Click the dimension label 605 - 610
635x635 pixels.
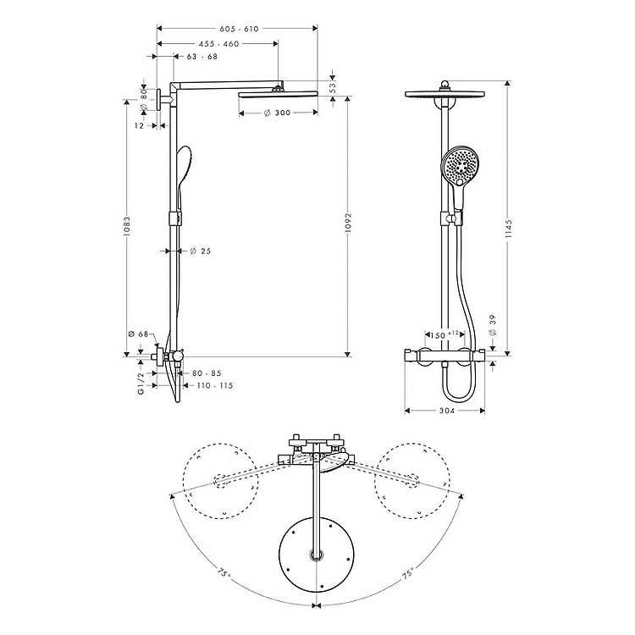(x=239, y=29)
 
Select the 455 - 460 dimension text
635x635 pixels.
(x=219, y=44)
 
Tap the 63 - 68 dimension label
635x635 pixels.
(x=202, y=56)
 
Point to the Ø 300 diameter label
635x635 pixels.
(x=277, y=113)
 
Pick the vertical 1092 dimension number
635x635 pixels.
(x=348, y=223)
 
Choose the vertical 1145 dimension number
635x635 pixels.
(x=509, y=229)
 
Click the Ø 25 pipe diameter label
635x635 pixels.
(x=201, y=251)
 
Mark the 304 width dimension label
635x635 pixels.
(x=447, y=411)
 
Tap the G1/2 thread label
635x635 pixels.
(x=141, y=384)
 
